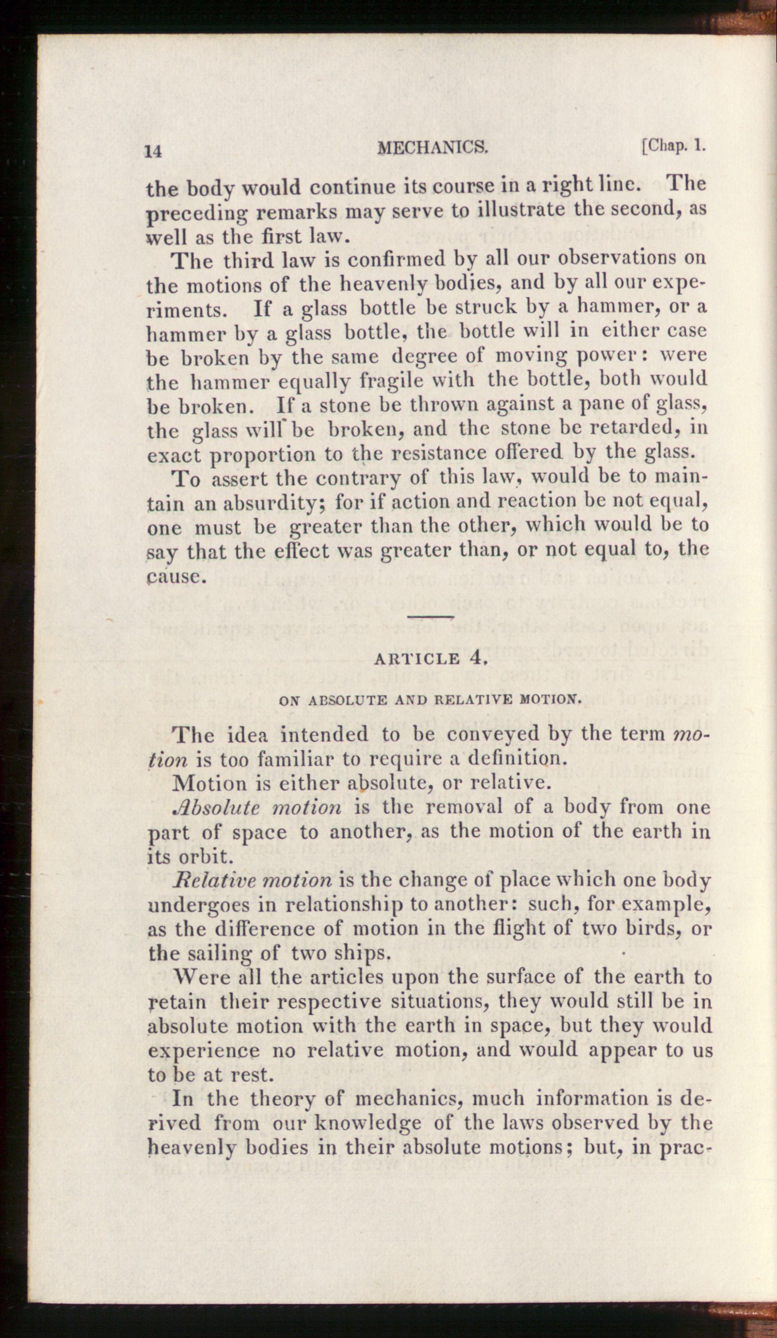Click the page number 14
[153, 151]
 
